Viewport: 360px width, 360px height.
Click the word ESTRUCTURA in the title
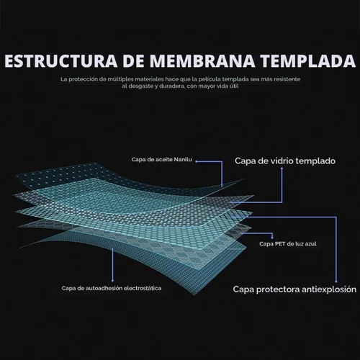pyautogui.click(x=61, y=61)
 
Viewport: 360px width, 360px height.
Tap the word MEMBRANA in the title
pyautogui.click(x=202, y=61)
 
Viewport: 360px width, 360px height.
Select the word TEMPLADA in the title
pyautogui.click(x=308, y=61)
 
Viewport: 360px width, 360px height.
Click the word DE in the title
pyautogui.click(x=134, y=61)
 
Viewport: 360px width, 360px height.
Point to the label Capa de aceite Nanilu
pyautogui.click(x=161, y=160)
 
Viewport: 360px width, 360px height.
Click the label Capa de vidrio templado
pyautogui.click(x=285, y=161)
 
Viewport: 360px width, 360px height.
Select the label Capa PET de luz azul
pyautogui.click(x=288, y=244)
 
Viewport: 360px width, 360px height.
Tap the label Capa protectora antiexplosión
pyautogui.click(x=294, y=289)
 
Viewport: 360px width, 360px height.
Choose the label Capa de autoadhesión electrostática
pyautogui.click(x=112, y=288)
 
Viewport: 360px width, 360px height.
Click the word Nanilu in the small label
pyautogui.click(x=183, y=160)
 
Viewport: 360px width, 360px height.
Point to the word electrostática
pyautogui.click(x=143, y=288)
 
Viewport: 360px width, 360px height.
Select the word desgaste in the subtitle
pyautogui.click(x=140, y=86)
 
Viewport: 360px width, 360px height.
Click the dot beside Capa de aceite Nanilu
pyautogui.click(x=197, y=161)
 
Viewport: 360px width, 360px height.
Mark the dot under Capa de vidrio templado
pyautogui.click(x=282, y=168)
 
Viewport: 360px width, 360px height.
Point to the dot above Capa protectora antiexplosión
pyautogui.click(x=336, y=282)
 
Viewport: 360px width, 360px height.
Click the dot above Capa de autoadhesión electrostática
pyautogui.click(x=112, y=280)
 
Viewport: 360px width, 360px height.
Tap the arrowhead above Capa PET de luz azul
pyautogui.click(x=272, y=238)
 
